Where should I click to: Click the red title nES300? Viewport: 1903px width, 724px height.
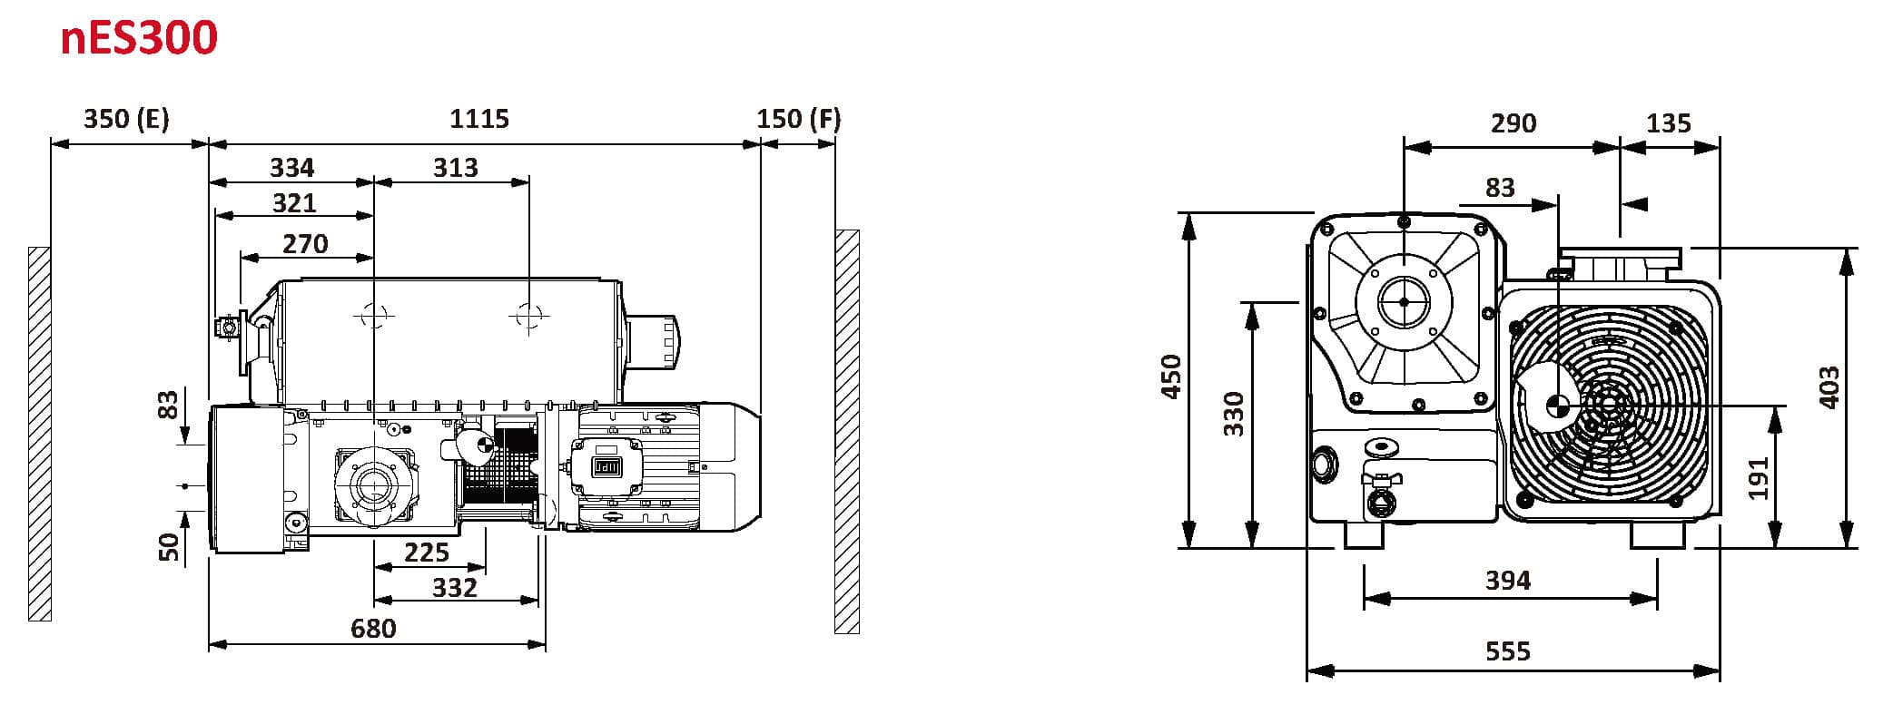pyautogui.click(x=139, y=38)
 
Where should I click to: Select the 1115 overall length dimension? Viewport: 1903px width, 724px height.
pyautogui.click(x=479, y=119)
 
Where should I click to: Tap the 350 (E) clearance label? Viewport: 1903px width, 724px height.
pyautogui.click(x=126, y=119)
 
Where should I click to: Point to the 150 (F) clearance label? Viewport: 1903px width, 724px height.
pyautogui.click(x=799, y=119)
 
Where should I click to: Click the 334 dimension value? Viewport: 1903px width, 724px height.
pyautogui.click(x=292, y=168)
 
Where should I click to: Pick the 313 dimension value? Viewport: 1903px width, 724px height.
pyautogui.click(x=455, y=168)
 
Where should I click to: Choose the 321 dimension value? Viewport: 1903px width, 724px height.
pyautogui.click(x=294, y=202)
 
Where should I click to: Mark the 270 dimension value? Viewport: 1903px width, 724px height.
pyautogui.click(x=305, y=244)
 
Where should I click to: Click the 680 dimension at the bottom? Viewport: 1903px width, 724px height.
pyautogui.click(x=373, y=628)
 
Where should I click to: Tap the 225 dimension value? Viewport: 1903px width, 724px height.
pyautogui.click(x=427, y=553)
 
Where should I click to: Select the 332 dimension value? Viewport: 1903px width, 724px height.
pyautogui.click(x=454, y=588)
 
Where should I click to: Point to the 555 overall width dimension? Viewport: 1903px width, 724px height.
pyautogui.click(x=1508, y=651)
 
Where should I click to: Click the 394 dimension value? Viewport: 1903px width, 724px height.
pyautogui.click(x=1508, y=581)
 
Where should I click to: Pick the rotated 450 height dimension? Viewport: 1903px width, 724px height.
pyautogui.click(x=1171, y=377)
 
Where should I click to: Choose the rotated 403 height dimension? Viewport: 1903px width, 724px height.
pyautogui.click(x=1829, y=387)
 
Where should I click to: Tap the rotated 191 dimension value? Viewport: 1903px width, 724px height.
pyautogui.click(x=1759, y=478)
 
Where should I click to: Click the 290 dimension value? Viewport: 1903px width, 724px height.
pyautogui.click(x=1514, y=123)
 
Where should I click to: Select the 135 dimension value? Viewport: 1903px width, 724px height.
pyautogui.click(x=1669, y=123)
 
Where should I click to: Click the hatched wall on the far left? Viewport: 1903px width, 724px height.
pyautogui.click(x=40, y=434)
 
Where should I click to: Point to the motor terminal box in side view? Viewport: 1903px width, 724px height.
pyautogui.click(x=604, y=467)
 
